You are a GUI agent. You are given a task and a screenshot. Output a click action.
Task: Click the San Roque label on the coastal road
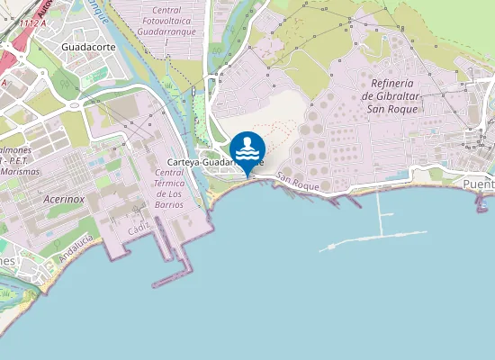pos(299,181)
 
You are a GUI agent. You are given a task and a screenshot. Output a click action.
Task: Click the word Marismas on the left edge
pos(20,170)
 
